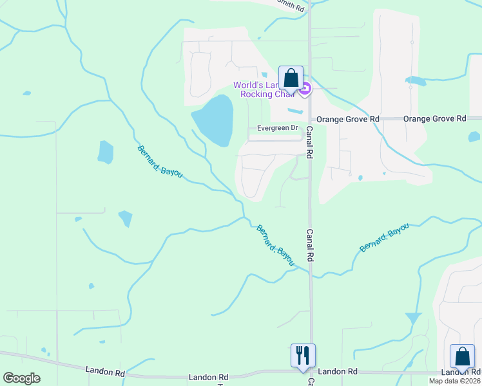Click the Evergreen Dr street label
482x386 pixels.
pos(277,128)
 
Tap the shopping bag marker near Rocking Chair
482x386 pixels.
pos(291,78)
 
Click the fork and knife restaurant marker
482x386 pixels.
pos(303,355)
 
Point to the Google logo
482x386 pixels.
pos(21,378)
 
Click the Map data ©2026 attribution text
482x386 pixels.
pos(454,381)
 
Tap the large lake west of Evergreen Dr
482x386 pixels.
pos(213,120)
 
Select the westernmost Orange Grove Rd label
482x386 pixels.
pos(346,119)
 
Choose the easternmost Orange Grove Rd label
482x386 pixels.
pos(434,119)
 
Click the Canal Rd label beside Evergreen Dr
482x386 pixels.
pos(309,142)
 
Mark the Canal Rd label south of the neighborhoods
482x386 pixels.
pos(309,245)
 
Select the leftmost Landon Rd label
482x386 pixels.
pos(105,371)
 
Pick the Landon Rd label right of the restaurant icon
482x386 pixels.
pos(337,372)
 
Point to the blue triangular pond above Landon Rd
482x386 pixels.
pos(413,318)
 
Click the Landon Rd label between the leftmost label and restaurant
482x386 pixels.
pos(209,377)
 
